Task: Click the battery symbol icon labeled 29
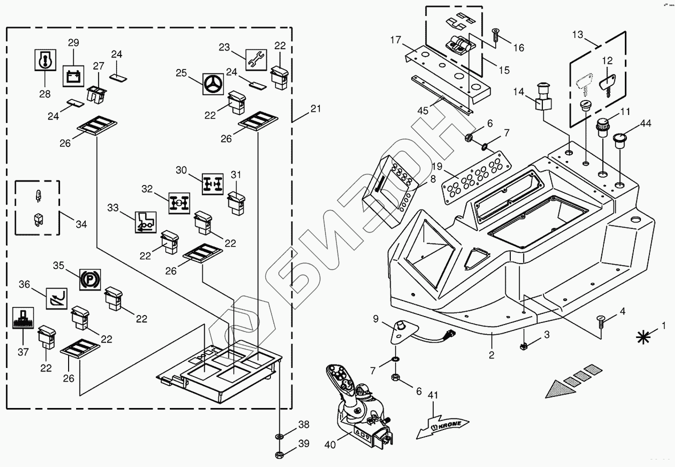73,76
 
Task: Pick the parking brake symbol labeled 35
90,278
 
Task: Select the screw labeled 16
496,34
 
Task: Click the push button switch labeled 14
544,98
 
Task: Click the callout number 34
81,224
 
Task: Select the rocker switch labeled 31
235,202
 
